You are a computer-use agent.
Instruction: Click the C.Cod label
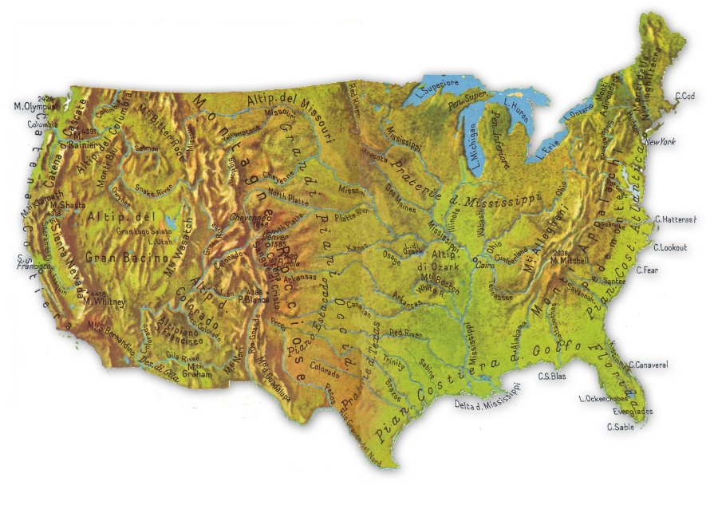(684, 97)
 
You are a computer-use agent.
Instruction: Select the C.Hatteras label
(675, 219)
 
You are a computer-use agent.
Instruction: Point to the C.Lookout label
(670, 247)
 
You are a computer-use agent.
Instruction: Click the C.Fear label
(648, 270)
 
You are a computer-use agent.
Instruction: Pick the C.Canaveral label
(648, 365)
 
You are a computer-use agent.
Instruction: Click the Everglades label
(633, 412)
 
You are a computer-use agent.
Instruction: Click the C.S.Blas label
(552, 376)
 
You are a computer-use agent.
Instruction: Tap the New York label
(660, 142)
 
